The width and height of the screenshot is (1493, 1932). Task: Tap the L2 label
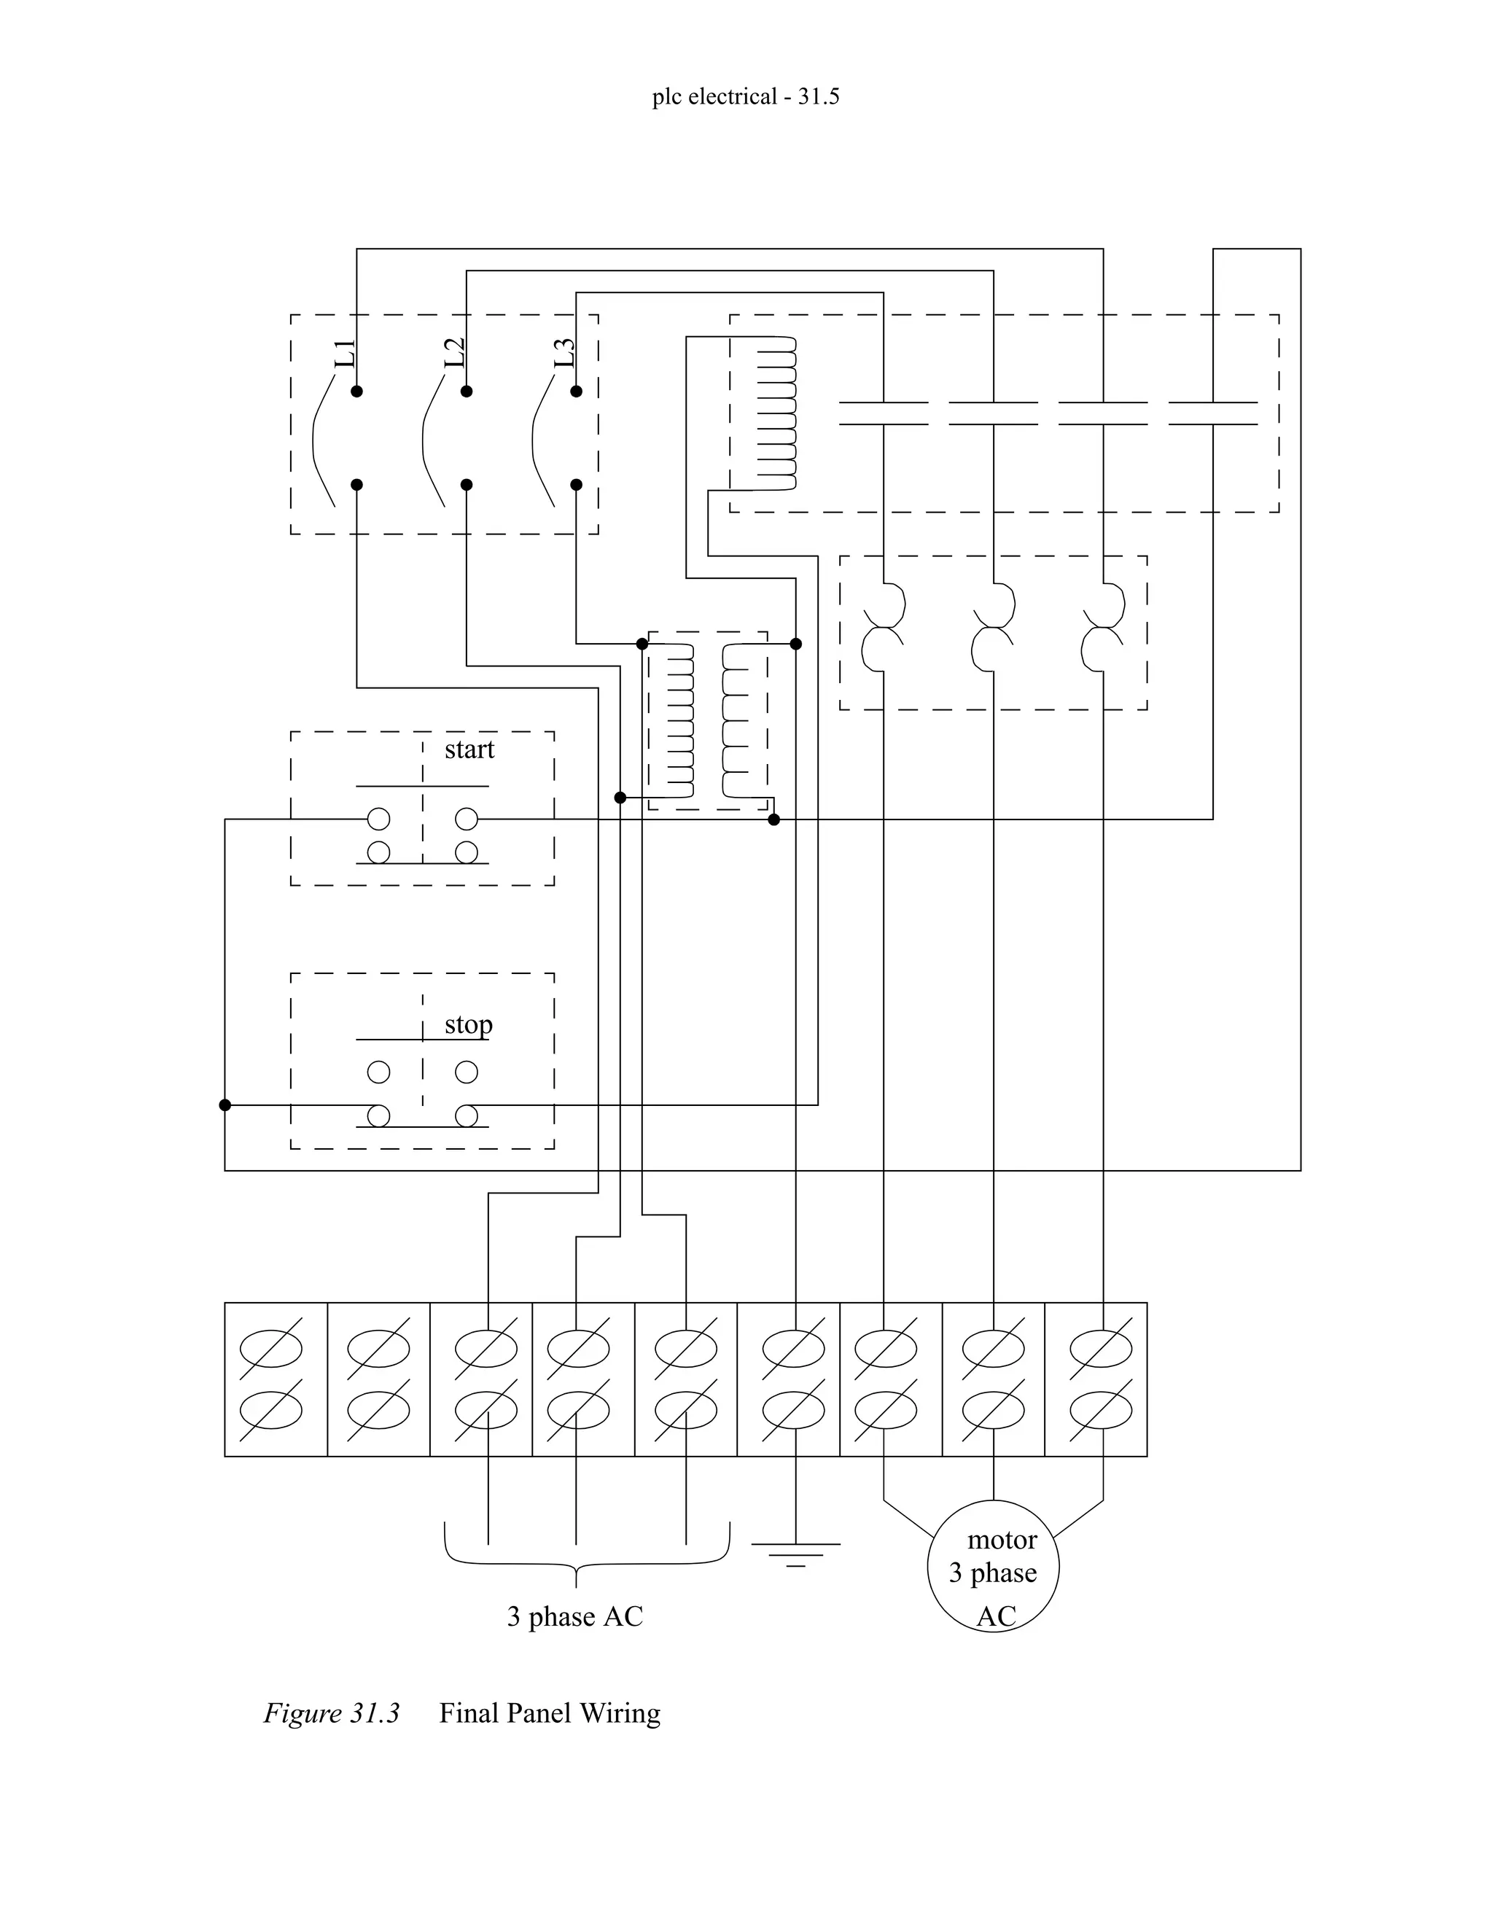pyautogui.click(x=455, y=353)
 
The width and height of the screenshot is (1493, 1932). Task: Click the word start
pyautogui.click(x=469, y=749)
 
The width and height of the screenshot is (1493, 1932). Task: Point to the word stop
pyautogui.click(x=468, y=1024)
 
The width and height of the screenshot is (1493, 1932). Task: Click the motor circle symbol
pyautogui.click(x=992, y=1566)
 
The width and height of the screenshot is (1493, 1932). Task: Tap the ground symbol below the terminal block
pyautogui.click(x=795, y=1554)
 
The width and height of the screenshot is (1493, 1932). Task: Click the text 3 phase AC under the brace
pyautogui.click(x=575, y=1617)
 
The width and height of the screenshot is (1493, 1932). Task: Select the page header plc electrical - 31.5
pyautogui.click(x=746, y=96)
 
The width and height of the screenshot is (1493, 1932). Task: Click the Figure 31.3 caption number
pyautogui.click(x=332, y=1713)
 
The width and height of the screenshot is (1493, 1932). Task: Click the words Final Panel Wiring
pyautogui.click(x=549, y=1713)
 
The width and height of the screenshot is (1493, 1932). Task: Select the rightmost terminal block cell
pyautogui.click(x=1096, y=1379)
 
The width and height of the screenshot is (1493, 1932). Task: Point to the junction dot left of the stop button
pyautogui.click(x=225, y=1105)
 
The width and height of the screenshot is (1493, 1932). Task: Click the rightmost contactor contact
pyautogui.click(x=1212, y=413)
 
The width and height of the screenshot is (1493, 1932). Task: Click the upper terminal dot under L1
pyautogui.click(x=356, y=391)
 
